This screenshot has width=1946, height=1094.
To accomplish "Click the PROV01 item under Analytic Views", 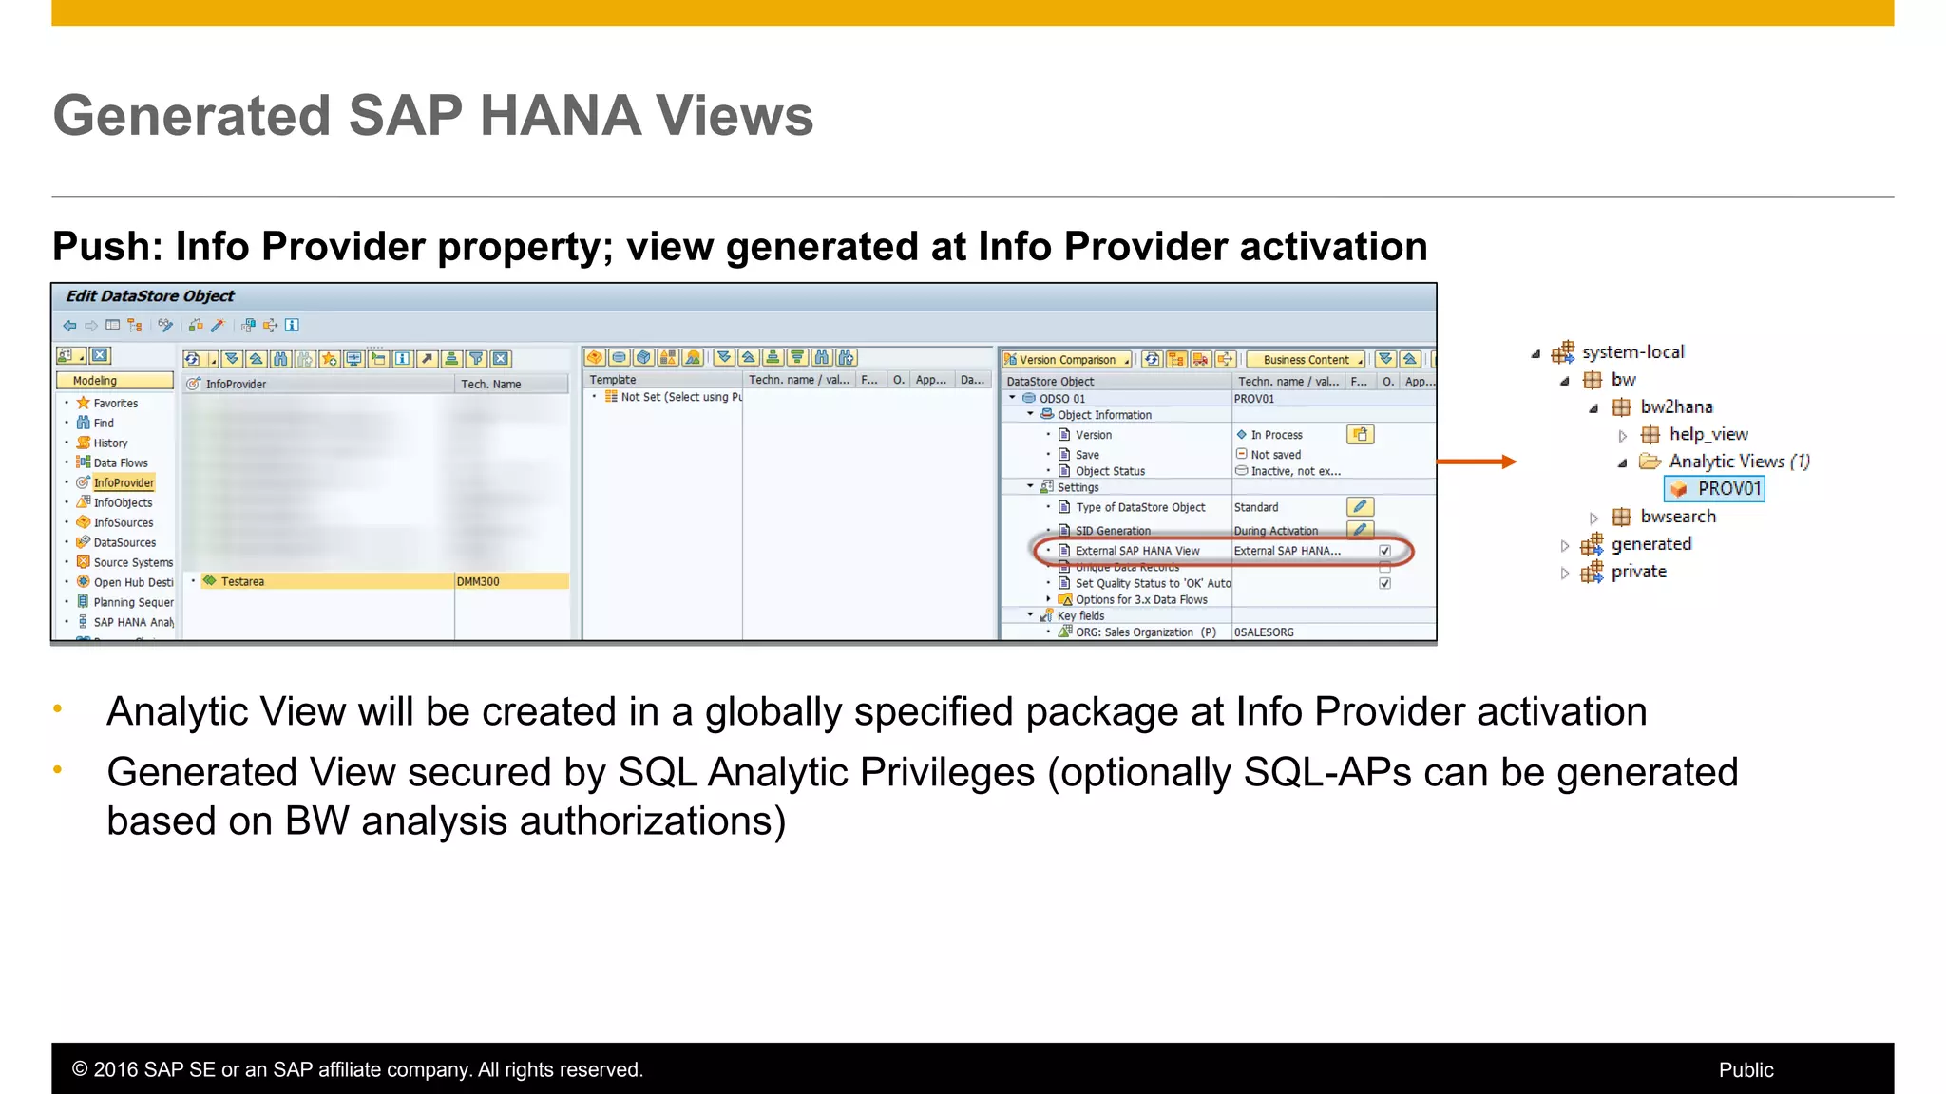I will [1727, 488].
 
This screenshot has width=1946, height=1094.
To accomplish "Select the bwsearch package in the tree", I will [1677, 517].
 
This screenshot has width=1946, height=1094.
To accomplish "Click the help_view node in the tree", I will [1708, 434].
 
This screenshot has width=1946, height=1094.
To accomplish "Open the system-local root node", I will [1631, 352].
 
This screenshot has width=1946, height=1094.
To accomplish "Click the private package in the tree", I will [1638, 572].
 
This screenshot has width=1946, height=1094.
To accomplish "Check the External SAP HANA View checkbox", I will [1384, 551].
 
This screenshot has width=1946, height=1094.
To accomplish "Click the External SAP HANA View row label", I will [1136, 551].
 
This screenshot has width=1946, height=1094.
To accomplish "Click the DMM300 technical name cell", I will [478, 581].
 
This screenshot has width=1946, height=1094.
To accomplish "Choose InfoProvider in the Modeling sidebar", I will [124, 482].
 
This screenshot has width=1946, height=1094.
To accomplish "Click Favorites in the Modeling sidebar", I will [115, 403].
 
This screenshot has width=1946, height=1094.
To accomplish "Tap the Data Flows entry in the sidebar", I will [121, 462].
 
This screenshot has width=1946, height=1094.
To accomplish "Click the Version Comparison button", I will [1066, 359].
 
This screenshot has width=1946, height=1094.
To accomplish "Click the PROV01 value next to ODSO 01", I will [1253, 399].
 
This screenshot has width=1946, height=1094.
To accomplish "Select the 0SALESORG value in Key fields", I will [1264, 632].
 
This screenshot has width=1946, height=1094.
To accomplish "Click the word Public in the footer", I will [1746, 1070].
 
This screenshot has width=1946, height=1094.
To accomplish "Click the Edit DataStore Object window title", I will [149, 296].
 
